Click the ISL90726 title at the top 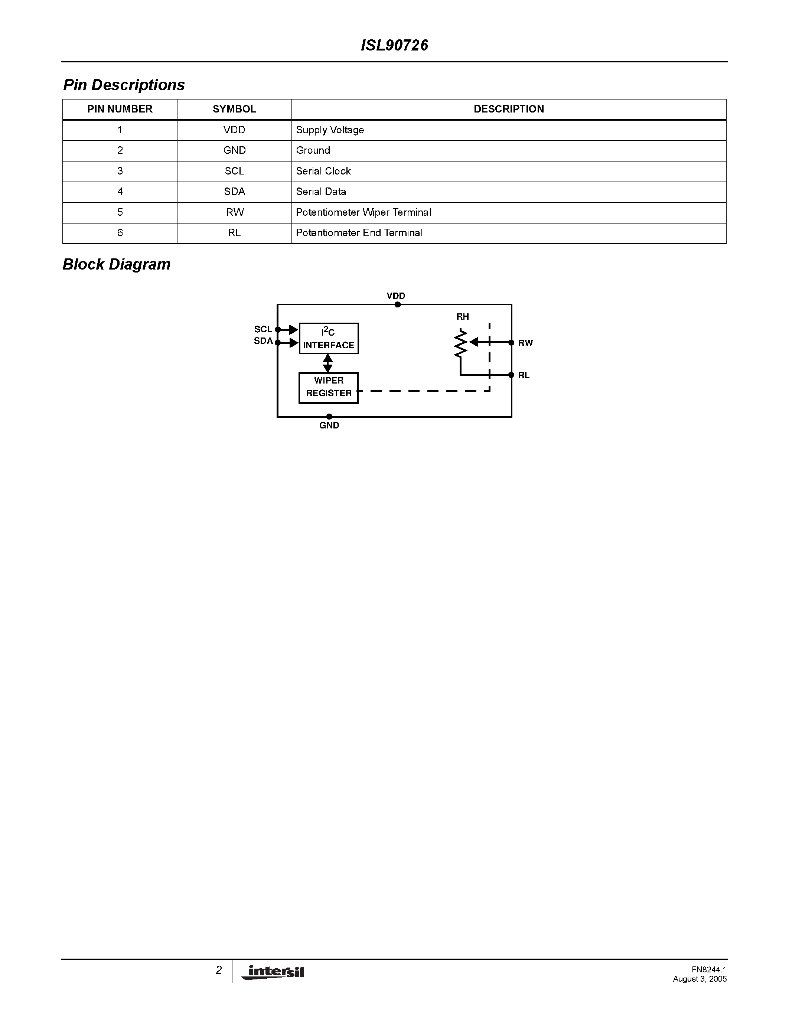394,45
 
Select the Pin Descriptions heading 124,85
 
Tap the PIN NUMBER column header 120,109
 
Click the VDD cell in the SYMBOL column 234,130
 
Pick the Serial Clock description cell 323,171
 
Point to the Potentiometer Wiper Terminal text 363,212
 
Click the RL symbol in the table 234,233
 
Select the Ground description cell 313,150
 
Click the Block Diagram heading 116,265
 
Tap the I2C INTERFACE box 329,339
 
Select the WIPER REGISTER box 329,388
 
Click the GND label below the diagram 329,425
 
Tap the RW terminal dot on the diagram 511,343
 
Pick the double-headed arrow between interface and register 328,363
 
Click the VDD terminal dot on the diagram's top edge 397,305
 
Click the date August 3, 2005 700,979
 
